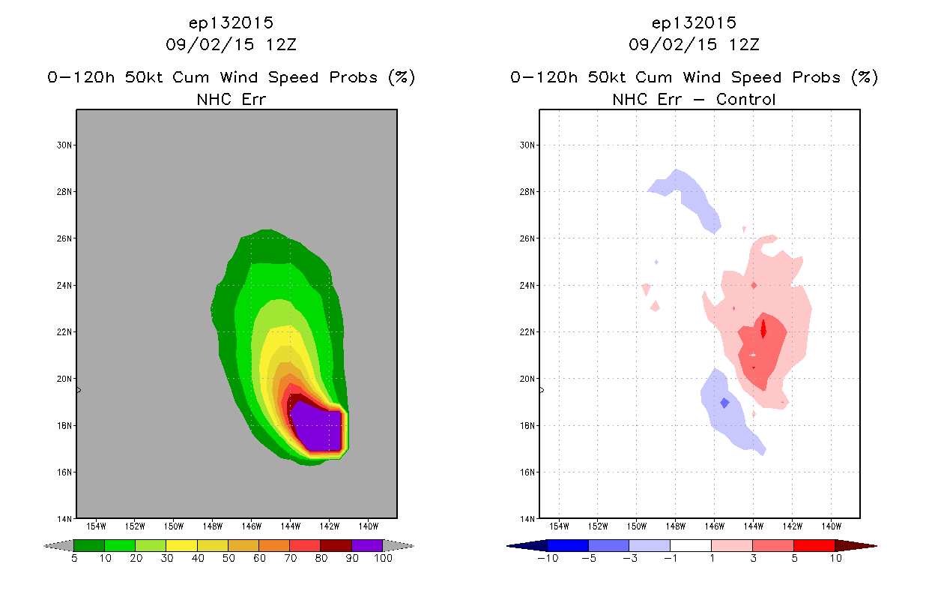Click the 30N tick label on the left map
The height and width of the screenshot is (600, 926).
tap(64, 145)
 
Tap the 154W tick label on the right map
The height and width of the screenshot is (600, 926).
tap(559, 526)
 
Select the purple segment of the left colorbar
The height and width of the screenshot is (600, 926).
tap(367, 545)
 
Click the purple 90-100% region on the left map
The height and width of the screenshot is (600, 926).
tap(318, 428)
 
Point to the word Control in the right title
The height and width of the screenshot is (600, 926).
tap(745, 99)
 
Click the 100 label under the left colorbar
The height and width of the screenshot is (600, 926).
tap(383, 558)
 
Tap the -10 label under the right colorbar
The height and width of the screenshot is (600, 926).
tap(548, 558)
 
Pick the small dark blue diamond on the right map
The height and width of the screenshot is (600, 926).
tap(724, 403)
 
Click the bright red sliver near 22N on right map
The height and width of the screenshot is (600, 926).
tap(763, 329)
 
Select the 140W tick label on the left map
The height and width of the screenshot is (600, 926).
tap(368, 526)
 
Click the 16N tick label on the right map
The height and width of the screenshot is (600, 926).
tap(527, 472)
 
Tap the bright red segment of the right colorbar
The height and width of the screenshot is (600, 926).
tap(814, 545)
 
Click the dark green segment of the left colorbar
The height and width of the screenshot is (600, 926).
tap(89, 545)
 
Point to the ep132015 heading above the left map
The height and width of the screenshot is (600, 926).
tap(231, 23)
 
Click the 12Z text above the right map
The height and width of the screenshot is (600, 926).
tap(744, 44)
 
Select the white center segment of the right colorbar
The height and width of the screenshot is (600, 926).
tap(691, 545)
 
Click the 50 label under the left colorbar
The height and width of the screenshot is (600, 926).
tap(229, 558)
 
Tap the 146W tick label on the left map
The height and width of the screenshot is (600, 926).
tap(251, 526)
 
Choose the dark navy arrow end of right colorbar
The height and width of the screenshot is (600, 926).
tap(527, 546)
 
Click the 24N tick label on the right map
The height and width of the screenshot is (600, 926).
tap(527, 286)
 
